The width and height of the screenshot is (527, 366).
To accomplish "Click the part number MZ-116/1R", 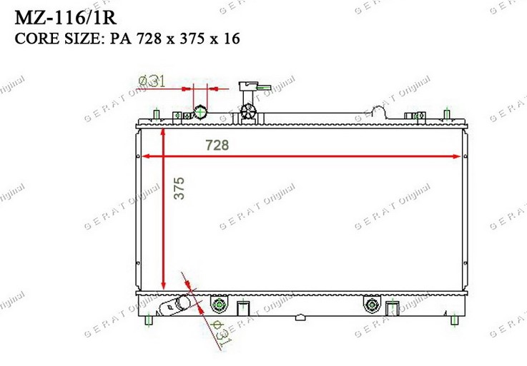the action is click(x=66, y=18).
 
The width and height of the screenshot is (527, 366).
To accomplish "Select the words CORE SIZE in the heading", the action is click(x=56, y=39).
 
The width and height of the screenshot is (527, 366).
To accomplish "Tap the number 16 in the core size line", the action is click(x=232, y=39).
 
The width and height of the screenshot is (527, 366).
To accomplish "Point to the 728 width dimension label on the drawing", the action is click(x=217, y=145).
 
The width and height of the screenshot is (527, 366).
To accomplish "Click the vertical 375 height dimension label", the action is click(x=179, y=188).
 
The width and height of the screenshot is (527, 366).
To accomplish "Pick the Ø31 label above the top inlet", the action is click(x=152, y=81).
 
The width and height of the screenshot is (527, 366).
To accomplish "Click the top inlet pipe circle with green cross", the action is click(x=200, y=112).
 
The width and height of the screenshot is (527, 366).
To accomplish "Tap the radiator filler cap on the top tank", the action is click(x=248, y=111).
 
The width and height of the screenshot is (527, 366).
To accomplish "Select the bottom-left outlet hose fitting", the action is click(x=174, y=305).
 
